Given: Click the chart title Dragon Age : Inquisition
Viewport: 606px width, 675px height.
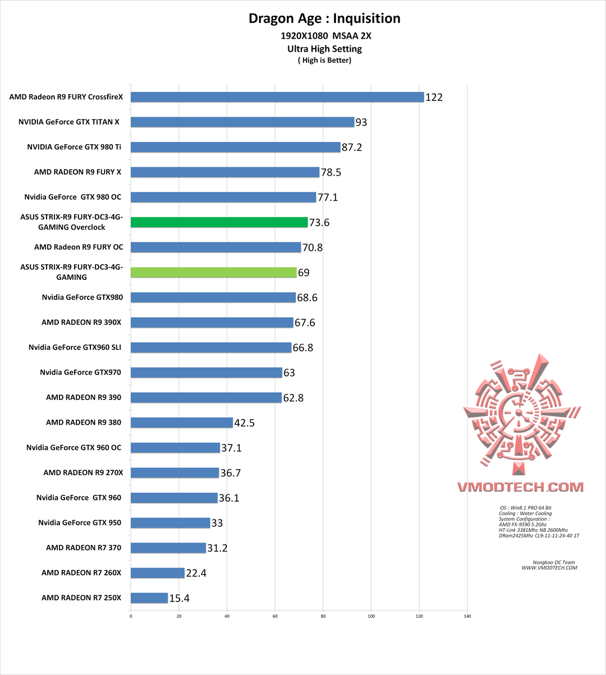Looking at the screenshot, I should (x=324, y=19).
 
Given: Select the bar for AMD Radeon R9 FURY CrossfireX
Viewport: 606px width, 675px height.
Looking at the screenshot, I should (x=277, y=97).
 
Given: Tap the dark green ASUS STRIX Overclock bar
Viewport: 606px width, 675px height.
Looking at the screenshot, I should (x=219, y=222).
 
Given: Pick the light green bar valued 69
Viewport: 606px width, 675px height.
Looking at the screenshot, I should (x=214, y=272).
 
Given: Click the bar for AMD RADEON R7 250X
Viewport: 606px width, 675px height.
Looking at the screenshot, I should (x=149, y=598).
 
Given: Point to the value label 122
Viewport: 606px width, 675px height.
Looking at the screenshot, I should (x=434, y=98).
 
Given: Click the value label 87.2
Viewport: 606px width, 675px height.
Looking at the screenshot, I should (x=352, y=148).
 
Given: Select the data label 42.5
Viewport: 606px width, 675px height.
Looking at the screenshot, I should (x=244, y=423).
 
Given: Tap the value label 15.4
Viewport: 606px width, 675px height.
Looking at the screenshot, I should (x=179, y=599).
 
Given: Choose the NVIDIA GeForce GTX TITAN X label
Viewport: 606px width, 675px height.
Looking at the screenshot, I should (x=68, y=122).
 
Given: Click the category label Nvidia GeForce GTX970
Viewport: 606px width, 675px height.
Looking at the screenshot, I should (x=80, y=372).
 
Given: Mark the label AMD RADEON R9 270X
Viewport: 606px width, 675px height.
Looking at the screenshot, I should (x=83, y=472).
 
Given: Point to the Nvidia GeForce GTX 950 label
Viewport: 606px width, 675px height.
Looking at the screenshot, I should (x=80, y=522).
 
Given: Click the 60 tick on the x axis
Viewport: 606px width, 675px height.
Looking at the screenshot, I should (x=275, y=616).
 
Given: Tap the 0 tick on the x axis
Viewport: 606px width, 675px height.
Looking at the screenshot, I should (x=131, y=616).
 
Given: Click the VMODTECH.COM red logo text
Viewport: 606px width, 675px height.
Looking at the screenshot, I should (x=520, y=487).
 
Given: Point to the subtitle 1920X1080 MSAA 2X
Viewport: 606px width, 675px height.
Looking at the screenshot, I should (x=326, y=36).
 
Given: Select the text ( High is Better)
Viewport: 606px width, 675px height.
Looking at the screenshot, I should (x=324, y=61).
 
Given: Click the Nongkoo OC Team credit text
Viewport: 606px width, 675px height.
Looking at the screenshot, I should (x=553, y=562).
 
